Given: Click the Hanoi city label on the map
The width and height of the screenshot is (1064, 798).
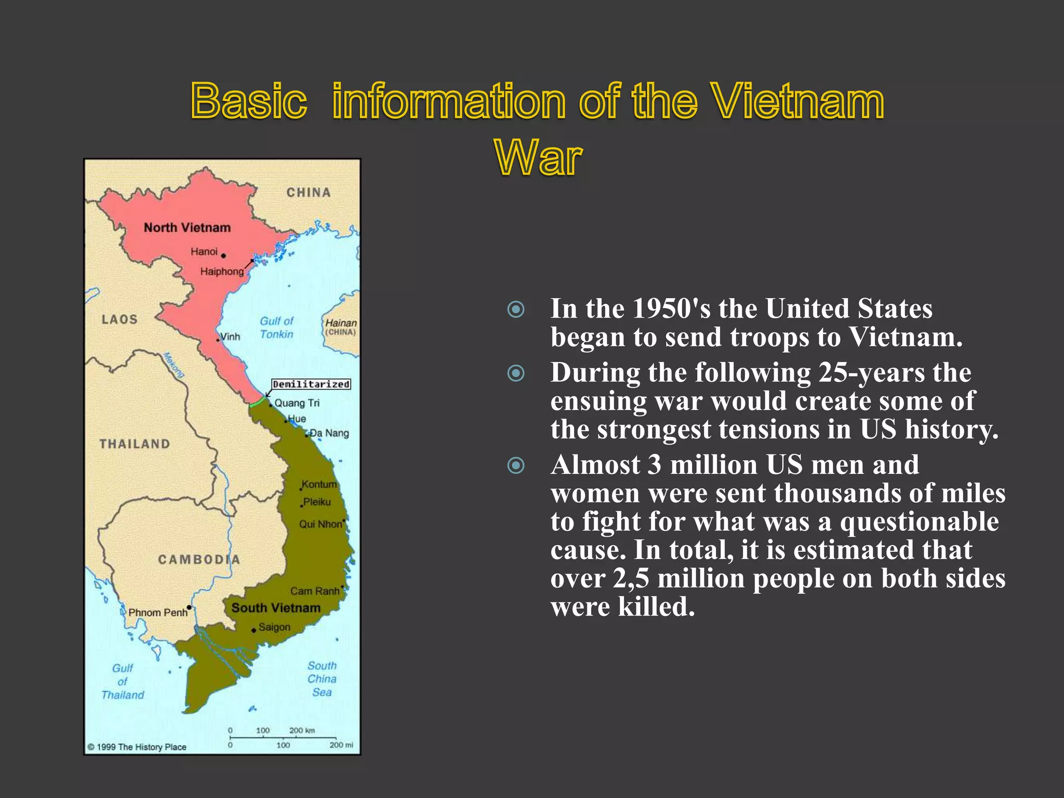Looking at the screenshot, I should (x=204, y=252).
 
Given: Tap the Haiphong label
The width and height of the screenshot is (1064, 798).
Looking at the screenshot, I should (x=222, y=272).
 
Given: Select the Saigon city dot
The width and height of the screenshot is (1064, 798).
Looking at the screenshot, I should (x=254, y=630).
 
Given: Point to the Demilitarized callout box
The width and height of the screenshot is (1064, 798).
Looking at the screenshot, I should (x=311, y=384).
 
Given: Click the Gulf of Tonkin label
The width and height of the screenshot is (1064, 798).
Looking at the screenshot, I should (x=276, y=328).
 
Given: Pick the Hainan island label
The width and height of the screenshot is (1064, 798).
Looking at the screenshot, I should (x=341, y=327).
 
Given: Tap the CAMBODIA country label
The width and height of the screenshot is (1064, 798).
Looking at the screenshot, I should (x=199, y=560).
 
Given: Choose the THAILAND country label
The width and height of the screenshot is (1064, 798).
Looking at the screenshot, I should (x=135, y=444).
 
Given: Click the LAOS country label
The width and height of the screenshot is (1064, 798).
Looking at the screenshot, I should (x=119, y=319).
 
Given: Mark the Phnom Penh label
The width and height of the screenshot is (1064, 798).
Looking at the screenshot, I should (x=157, y=613).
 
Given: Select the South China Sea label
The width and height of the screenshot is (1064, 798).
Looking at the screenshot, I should (x=322, y=679).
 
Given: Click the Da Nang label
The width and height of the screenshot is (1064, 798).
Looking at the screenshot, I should (x=329, y=433).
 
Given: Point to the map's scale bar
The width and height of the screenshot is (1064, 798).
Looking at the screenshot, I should (x=283, y=738).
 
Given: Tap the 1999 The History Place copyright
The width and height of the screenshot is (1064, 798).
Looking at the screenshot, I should (x=137, y=747).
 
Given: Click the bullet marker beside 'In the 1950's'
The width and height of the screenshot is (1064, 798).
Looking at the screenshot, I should (x=516, y=310).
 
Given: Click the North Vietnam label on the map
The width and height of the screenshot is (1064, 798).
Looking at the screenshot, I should (x=187, y=228).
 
